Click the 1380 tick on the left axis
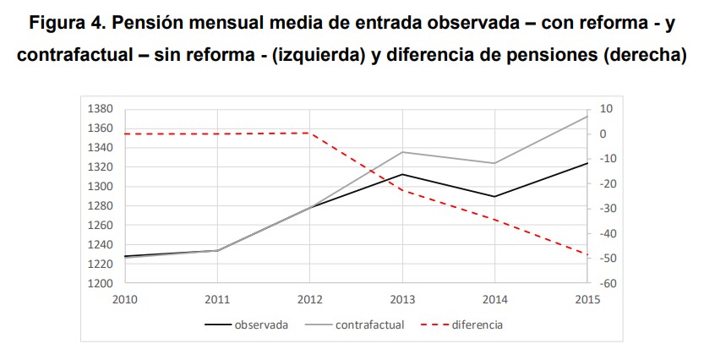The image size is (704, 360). (101, 109)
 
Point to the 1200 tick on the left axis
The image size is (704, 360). (101, 284)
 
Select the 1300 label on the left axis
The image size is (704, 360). (101, 187)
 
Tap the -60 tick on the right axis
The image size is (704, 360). (606, 284)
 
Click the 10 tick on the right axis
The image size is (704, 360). (605, 109)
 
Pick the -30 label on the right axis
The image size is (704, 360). (606, 209)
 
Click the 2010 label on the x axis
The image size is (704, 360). (125, 299)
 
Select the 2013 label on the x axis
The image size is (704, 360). (402, 299)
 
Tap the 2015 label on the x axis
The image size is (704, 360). (587, 299)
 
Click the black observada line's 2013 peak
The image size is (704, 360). (402, 174)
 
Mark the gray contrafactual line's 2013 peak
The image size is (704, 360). (402, 152)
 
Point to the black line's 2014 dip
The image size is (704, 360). (495, 197)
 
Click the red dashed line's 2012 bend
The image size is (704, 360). (310, 133)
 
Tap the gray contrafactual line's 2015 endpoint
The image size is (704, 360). (587, 116)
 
